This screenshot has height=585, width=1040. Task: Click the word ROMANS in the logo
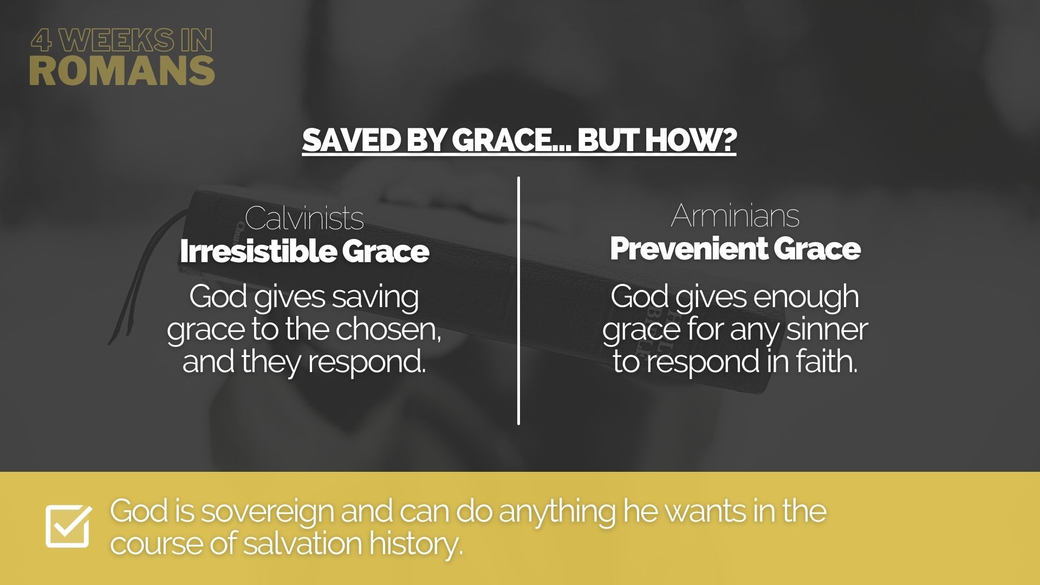click(x=122, y=70)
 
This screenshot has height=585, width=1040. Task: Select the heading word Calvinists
click(x=304, y=218)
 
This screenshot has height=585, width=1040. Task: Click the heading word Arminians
click(x=735, y=216)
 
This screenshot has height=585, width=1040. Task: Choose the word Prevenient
click(x=687, y=249)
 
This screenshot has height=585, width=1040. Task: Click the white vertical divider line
click(x=518, y=301)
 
